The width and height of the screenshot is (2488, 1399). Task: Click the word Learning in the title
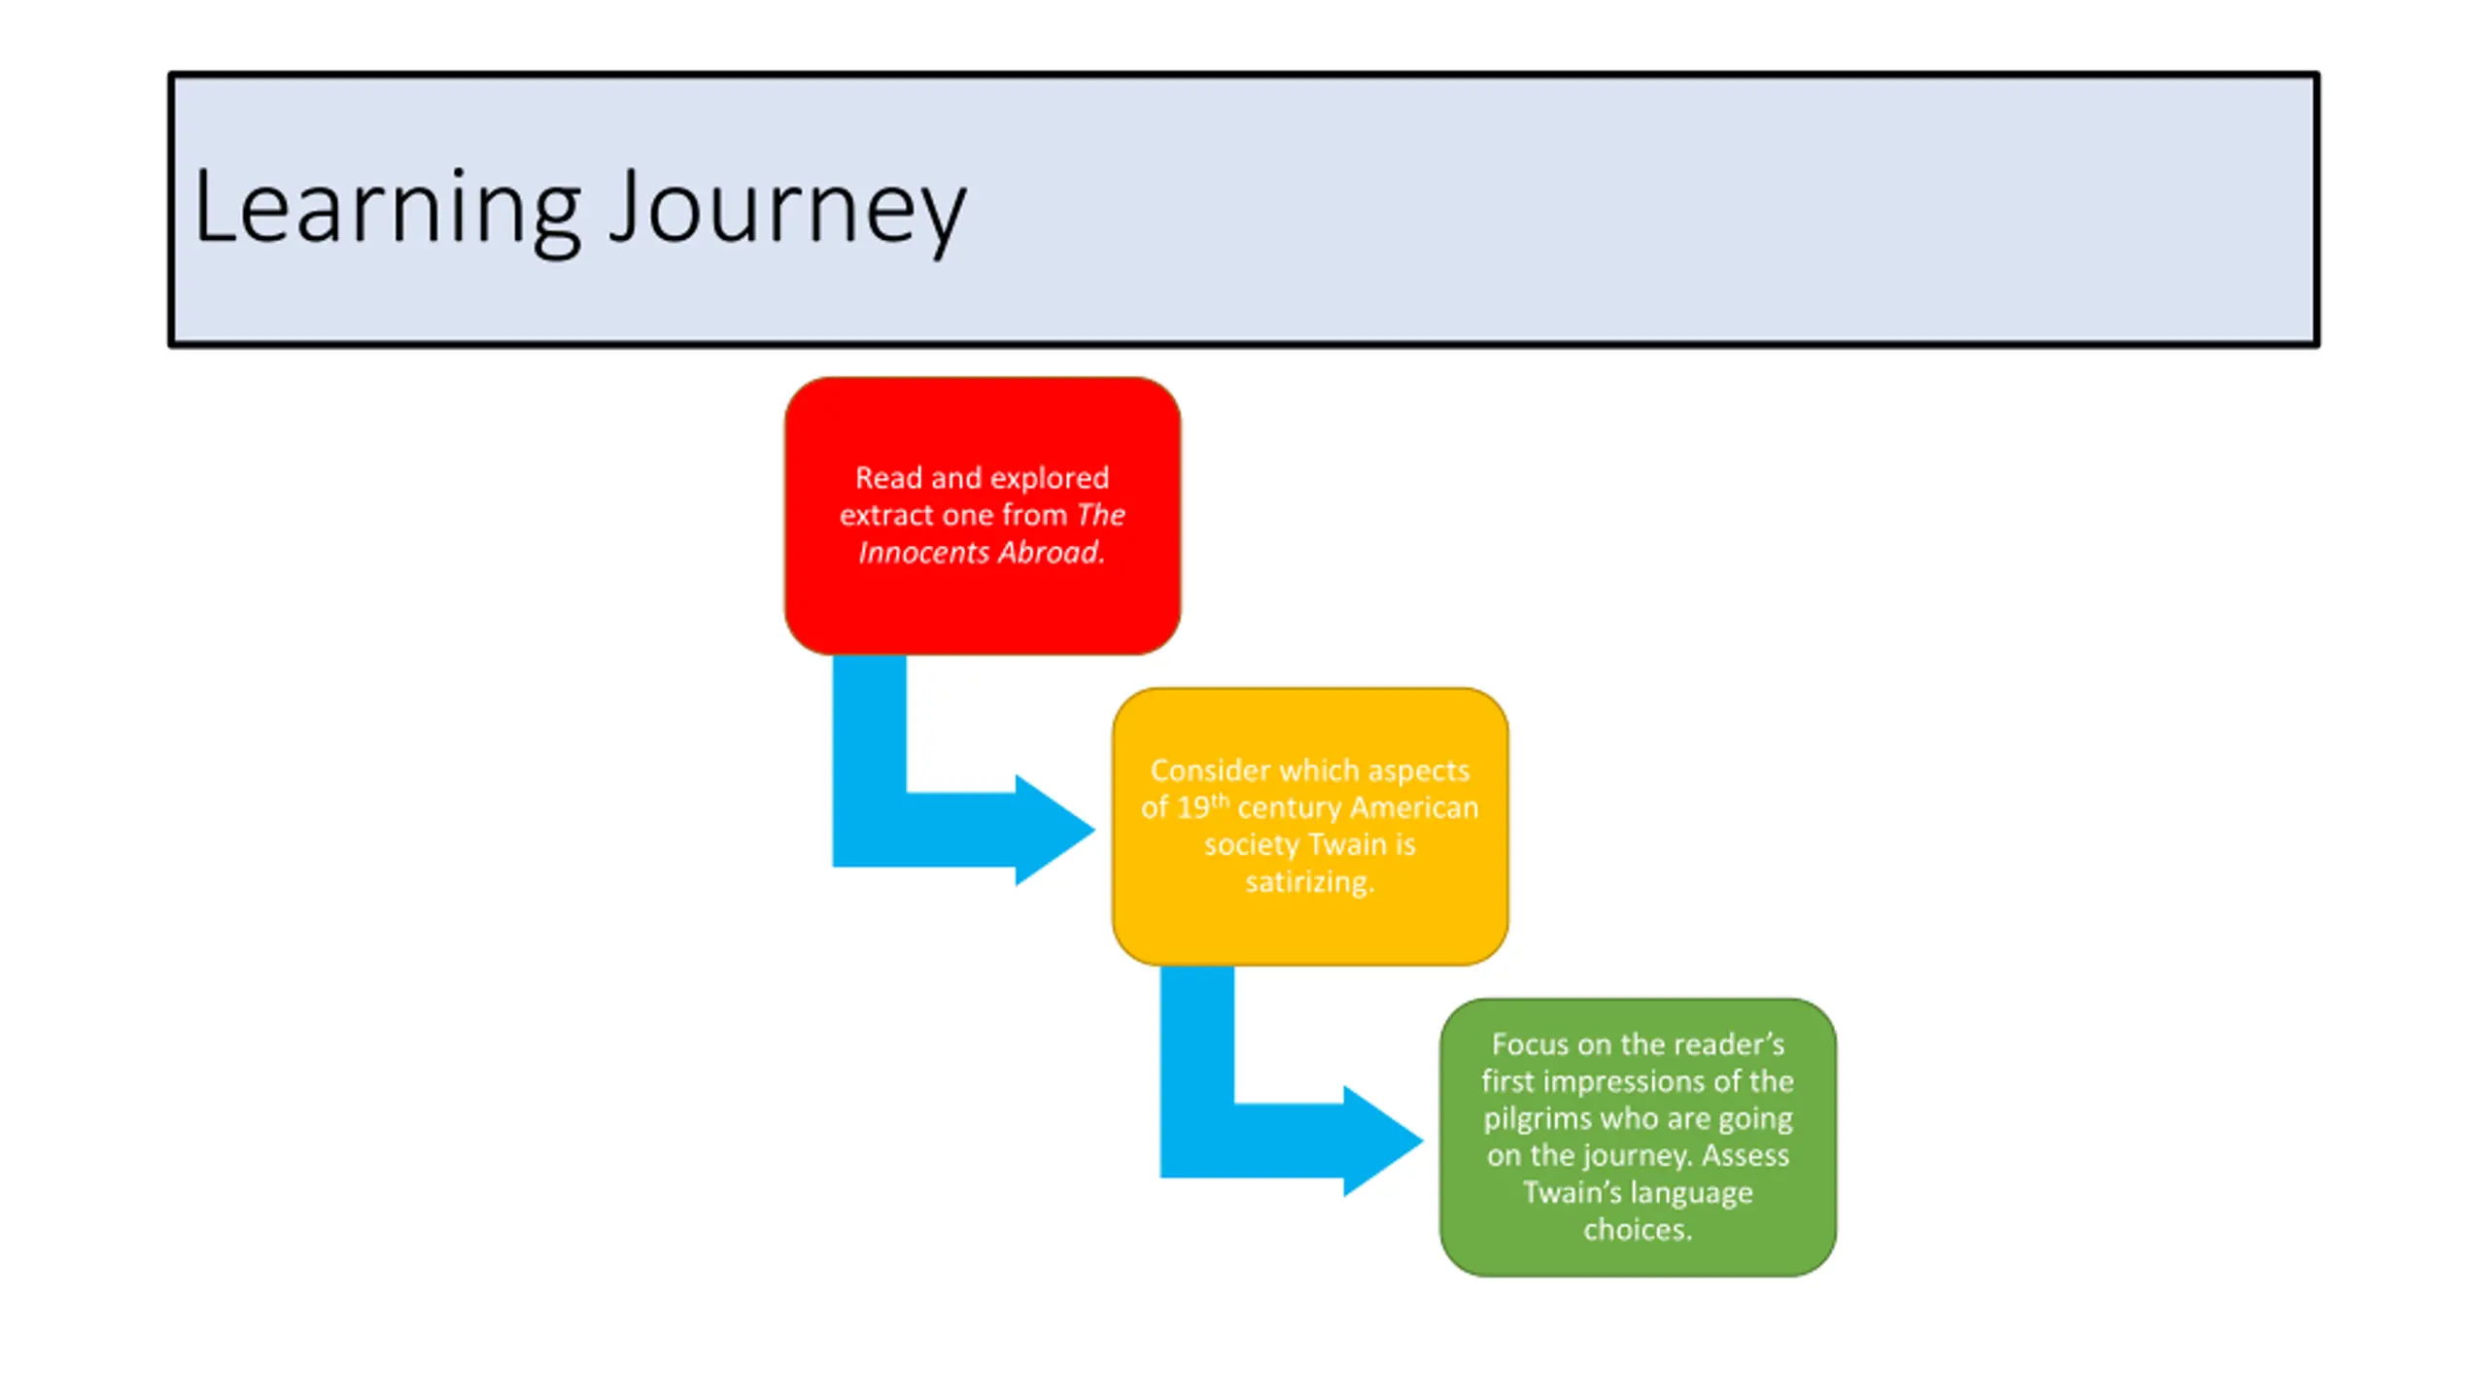pyautogui.click(x=388, y=210)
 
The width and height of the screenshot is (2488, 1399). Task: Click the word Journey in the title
pyautogui.click(x=788, y=212)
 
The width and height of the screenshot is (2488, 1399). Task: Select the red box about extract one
pyautogui.click(x=983, y=516)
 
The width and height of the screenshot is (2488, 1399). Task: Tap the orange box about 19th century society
pyautogui.click(x=1310, y=827)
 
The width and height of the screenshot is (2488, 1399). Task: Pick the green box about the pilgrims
pyautogui.click(x=1638, y=1138)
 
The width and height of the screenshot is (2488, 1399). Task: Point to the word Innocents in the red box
pyautogui.click(x=923, y=553)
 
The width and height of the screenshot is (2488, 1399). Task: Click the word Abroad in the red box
pyautogui.click(x=1052, y=553)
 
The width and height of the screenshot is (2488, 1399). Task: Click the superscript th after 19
pyautogui.click(x=1220, y=802)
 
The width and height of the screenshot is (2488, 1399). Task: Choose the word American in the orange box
pyautogui.click(x=1414, y=808)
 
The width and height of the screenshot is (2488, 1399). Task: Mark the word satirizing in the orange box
pyautogui.click(x=1310, y=882)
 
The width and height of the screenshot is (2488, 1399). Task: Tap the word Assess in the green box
pyautogui.click(x=1745, y=1156)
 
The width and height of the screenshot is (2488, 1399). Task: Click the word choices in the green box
pyautogui.click(x=1638, y=1230)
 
